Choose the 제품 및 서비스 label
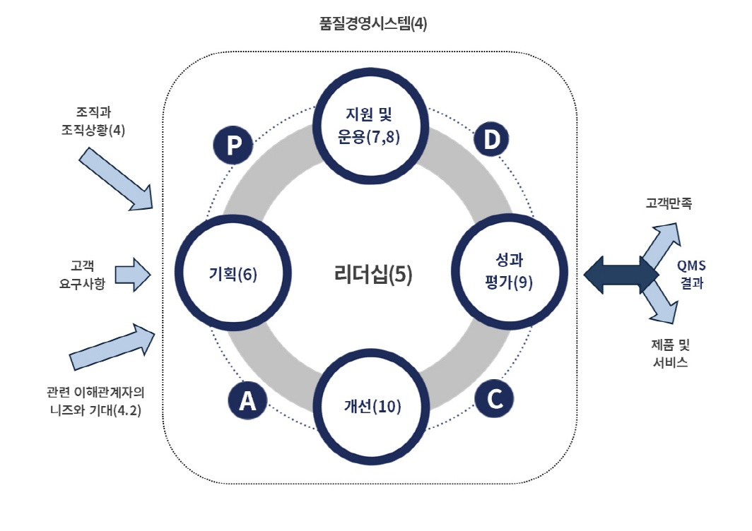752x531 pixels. pos(668,353)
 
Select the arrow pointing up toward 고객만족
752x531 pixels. pos(659,244)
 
